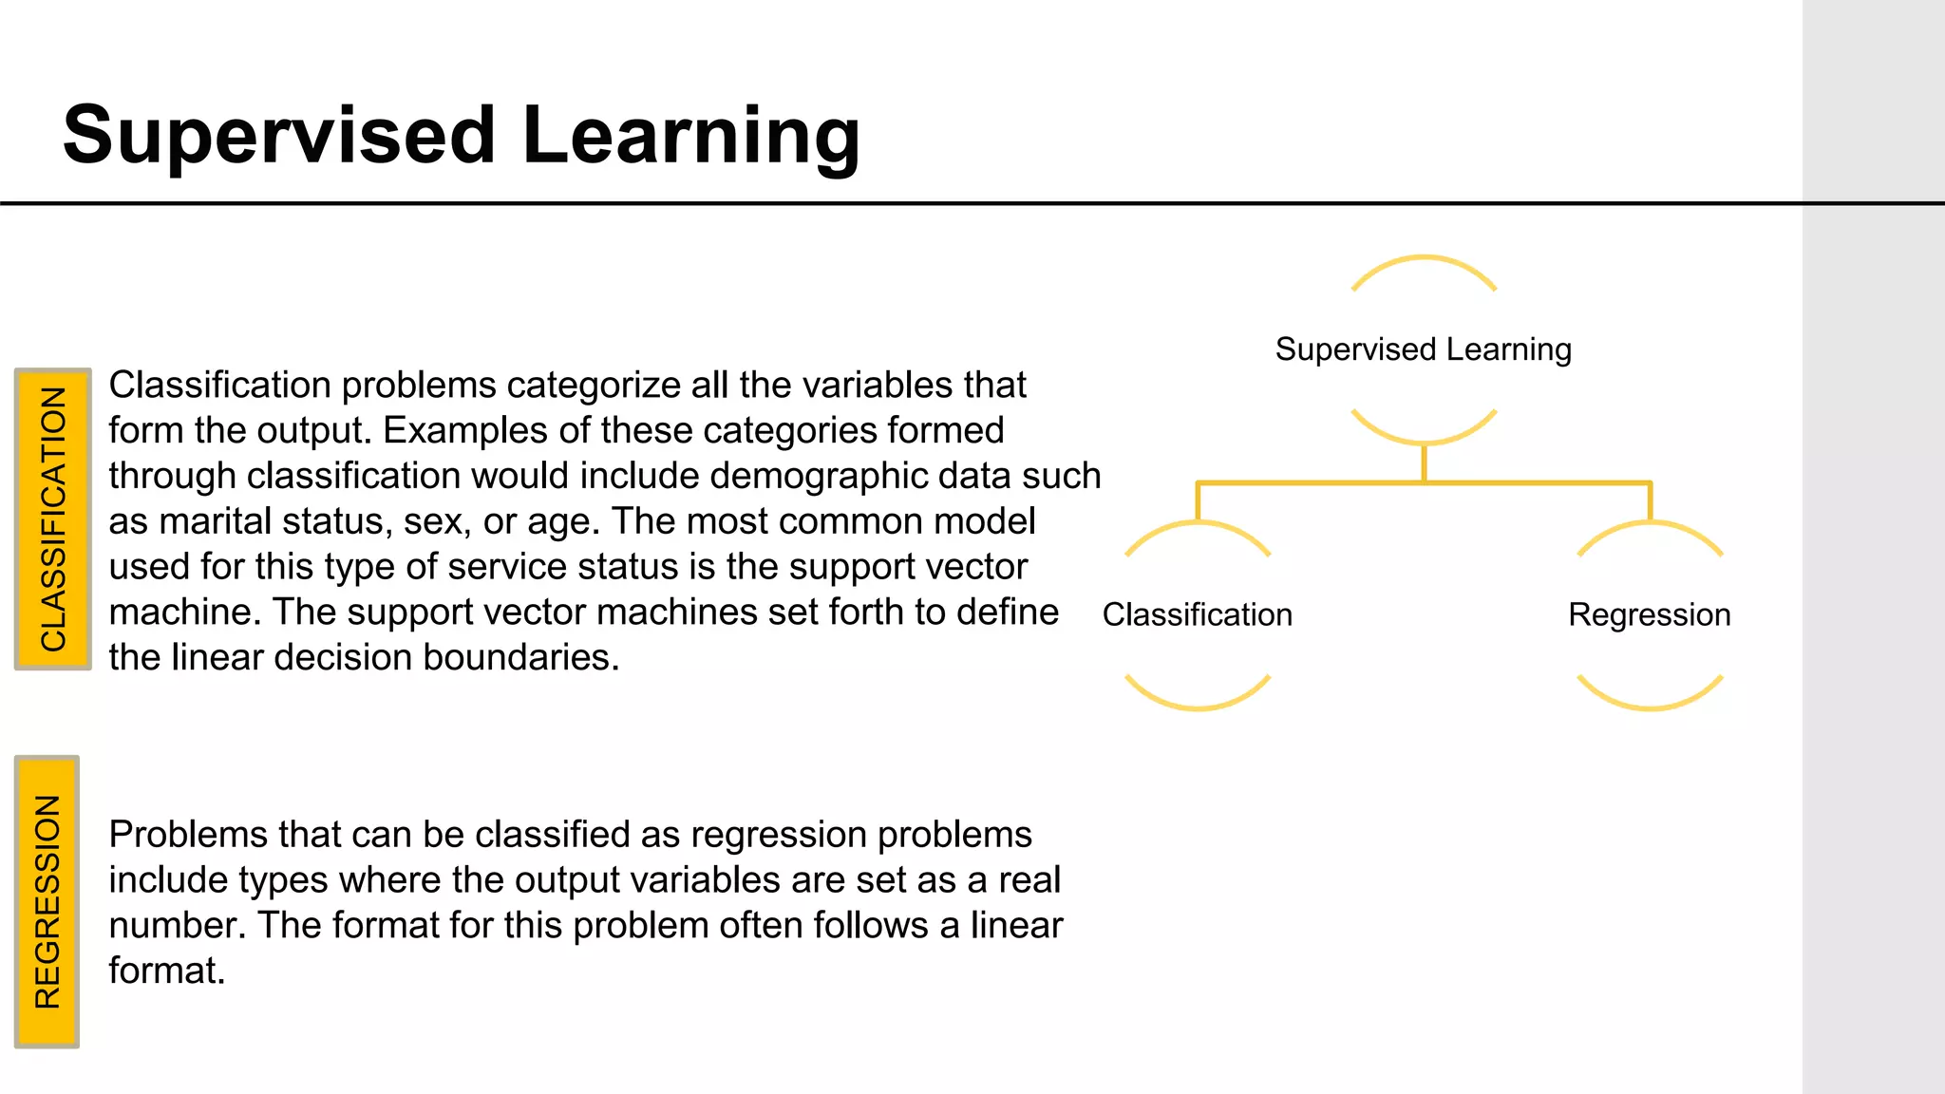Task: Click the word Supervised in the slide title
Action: [279, 136]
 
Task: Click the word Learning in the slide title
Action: [690, 136]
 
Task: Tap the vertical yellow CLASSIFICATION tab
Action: [53, 519]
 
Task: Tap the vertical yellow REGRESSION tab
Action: [47, 901]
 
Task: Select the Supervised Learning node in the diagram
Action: [1423, 349]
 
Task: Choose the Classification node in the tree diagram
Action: [1197, 614]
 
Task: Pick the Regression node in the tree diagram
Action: [1649, 614]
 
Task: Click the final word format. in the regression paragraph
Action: [166, 971]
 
